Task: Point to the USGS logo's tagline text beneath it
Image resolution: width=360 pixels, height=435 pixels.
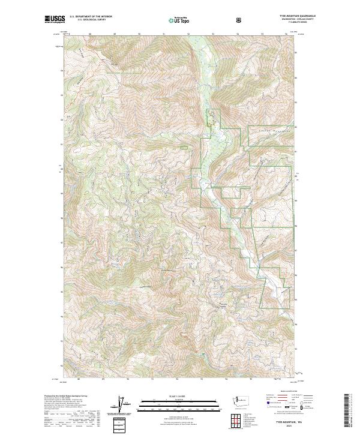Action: pos(54,24)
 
